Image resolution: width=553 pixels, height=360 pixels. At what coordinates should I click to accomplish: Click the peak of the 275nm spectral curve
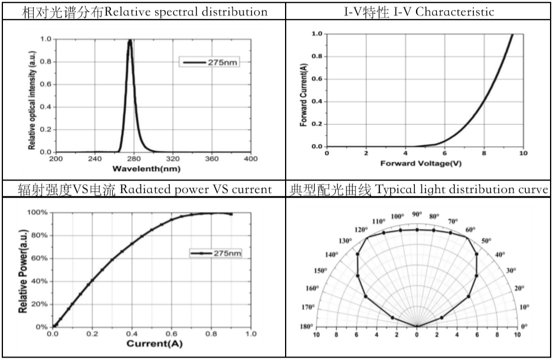click(130, 40)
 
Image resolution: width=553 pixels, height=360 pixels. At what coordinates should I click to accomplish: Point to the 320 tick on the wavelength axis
click(173, 159)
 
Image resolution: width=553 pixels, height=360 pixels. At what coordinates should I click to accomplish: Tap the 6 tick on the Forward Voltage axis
click(444, 153)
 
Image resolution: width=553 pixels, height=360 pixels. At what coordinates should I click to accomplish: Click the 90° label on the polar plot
click(417, 214)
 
